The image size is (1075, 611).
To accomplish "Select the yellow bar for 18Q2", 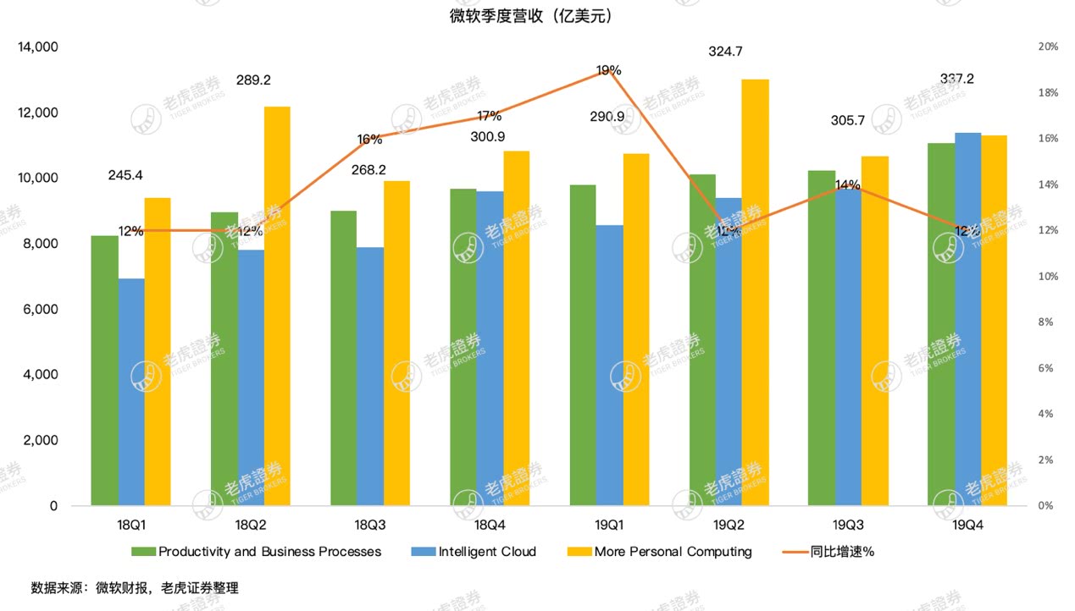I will point(277,305).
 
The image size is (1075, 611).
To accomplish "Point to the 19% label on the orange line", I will point(608,71).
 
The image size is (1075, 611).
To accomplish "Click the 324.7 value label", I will point(725,52).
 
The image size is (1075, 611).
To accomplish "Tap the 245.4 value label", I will point(125,176).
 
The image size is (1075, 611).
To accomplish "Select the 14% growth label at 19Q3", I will point(848,184).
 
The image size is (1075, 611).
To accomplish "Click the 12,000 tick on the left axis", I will point(37,113).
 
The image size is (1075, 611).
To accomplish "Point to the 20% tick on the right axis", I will point(1048,47).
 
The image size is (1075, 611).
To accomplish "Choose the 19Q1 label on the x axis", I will point(609,525).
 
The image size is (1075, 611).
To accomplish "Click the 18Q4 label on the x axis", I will point(490,525).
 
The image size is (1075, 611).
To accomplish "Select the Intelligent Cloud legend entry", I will point(486,552).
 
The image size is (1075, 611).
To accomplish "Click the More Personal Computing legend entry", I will point(672,552).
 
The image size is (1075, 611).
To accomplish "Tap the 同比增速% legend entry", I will point(841,552).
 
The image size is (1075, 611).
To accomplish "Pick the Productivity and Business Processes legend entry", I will point(269,552).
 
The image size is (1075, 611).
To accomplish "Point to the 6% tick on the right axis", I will point(1048,368).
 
